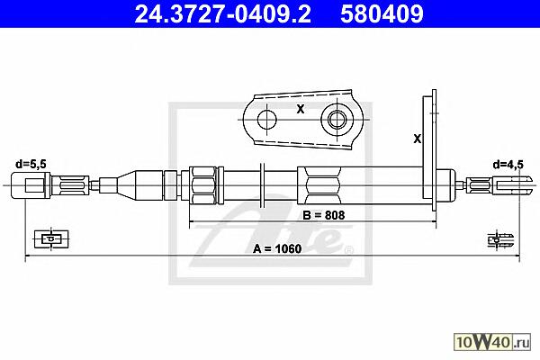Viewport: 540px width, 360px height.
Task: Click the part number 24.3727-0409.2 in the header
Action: (x=222, y=14)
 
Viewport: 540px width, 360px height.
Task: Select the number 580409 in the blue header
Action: (x=382, y=14)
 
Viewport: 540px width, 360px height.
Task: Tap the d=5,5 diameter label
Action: (x=31, y=164)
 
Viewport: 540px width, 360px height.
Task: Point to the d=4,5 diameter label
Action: (x=508, y=165)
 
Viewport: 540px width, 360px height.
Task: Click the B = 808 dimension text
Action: (x=324, y=215)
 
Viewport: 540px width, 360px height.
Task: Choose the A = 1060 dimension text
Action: (x=277, y=248)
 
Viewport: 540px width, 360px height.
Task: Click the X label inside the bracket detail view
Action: (x=301, y=109)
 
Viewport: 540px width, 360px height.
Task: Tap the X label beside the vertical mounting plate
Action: (x=417, y=139)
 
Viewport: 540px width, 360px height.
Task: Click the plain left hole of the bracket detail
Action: (x=267, y=120)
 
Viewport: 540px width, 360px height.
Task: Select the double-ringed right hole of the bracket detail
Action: (x=337, y=120)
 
